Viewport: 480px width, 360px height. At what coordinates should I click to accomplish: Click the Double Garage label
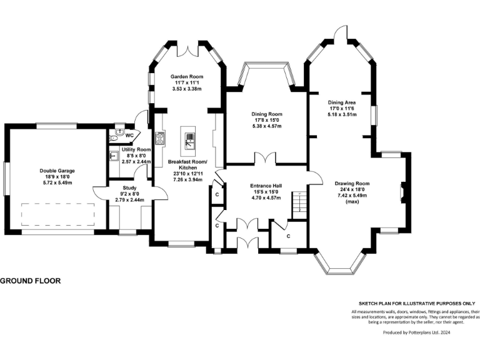pyautogui.click(x=57, y=171)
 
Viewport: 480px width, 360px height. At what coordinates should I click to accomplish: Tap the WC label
pyautogui.click(x=129, y=135)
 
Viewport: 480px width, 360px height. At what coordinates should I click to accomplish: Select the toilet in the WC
pyautogui.click(x=116, y=135)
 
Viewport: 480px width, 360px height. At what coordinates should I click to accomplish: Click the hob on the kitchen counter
pyautogui.click(x=161, y=138)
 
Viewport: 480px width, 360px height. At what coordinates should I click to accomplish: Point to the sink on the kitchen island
pyautogui.click(x=190, y=141)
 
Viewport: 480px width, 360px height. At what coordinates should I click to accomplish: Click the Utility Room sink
pyautogui.click(x=114, y=156)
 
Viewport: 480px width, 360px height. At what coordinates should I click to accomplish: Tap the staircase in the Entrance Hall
pyautogui.click(x=299, y=206)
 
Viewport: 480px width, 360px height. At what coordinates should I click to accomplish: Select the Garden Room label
pyautogui.click(x=187, y=76)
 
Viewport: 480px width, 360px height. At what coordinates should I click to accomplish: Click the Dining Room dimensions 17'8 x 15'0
pyautogui.click(x=267, y=120)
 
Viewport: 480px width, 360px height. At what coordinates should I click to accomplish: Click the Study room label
pyautogui.click(x=129, y=187)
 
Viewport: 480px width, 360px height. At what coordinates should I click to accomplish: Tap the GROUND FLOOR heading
pyautogui.click(x=30, y=281)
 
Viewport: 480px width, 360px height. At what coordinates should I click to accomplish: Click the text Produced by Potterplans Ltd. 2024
pyautogui.click(x=417, y=332)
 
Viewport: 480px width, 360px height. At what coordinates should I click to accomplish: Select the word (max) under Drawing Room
pyautogui.click(x=352, y=202)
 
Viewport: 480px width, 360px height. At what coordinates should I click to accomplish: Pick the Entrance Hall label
pyautogui.click(x=266, y=186)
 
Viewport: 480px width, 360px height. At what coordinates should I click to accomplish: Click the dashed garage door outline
pyautogui.click(x=58, y=214)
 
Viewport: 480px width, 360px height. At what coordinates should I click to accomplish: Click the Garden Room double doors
pyautogui.click(x=187, y=51)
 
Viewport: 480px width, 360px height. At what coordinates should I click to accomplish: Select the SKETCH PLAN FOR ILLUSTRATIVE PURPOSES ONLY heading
pyautogui.click(x=417, y=304)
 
